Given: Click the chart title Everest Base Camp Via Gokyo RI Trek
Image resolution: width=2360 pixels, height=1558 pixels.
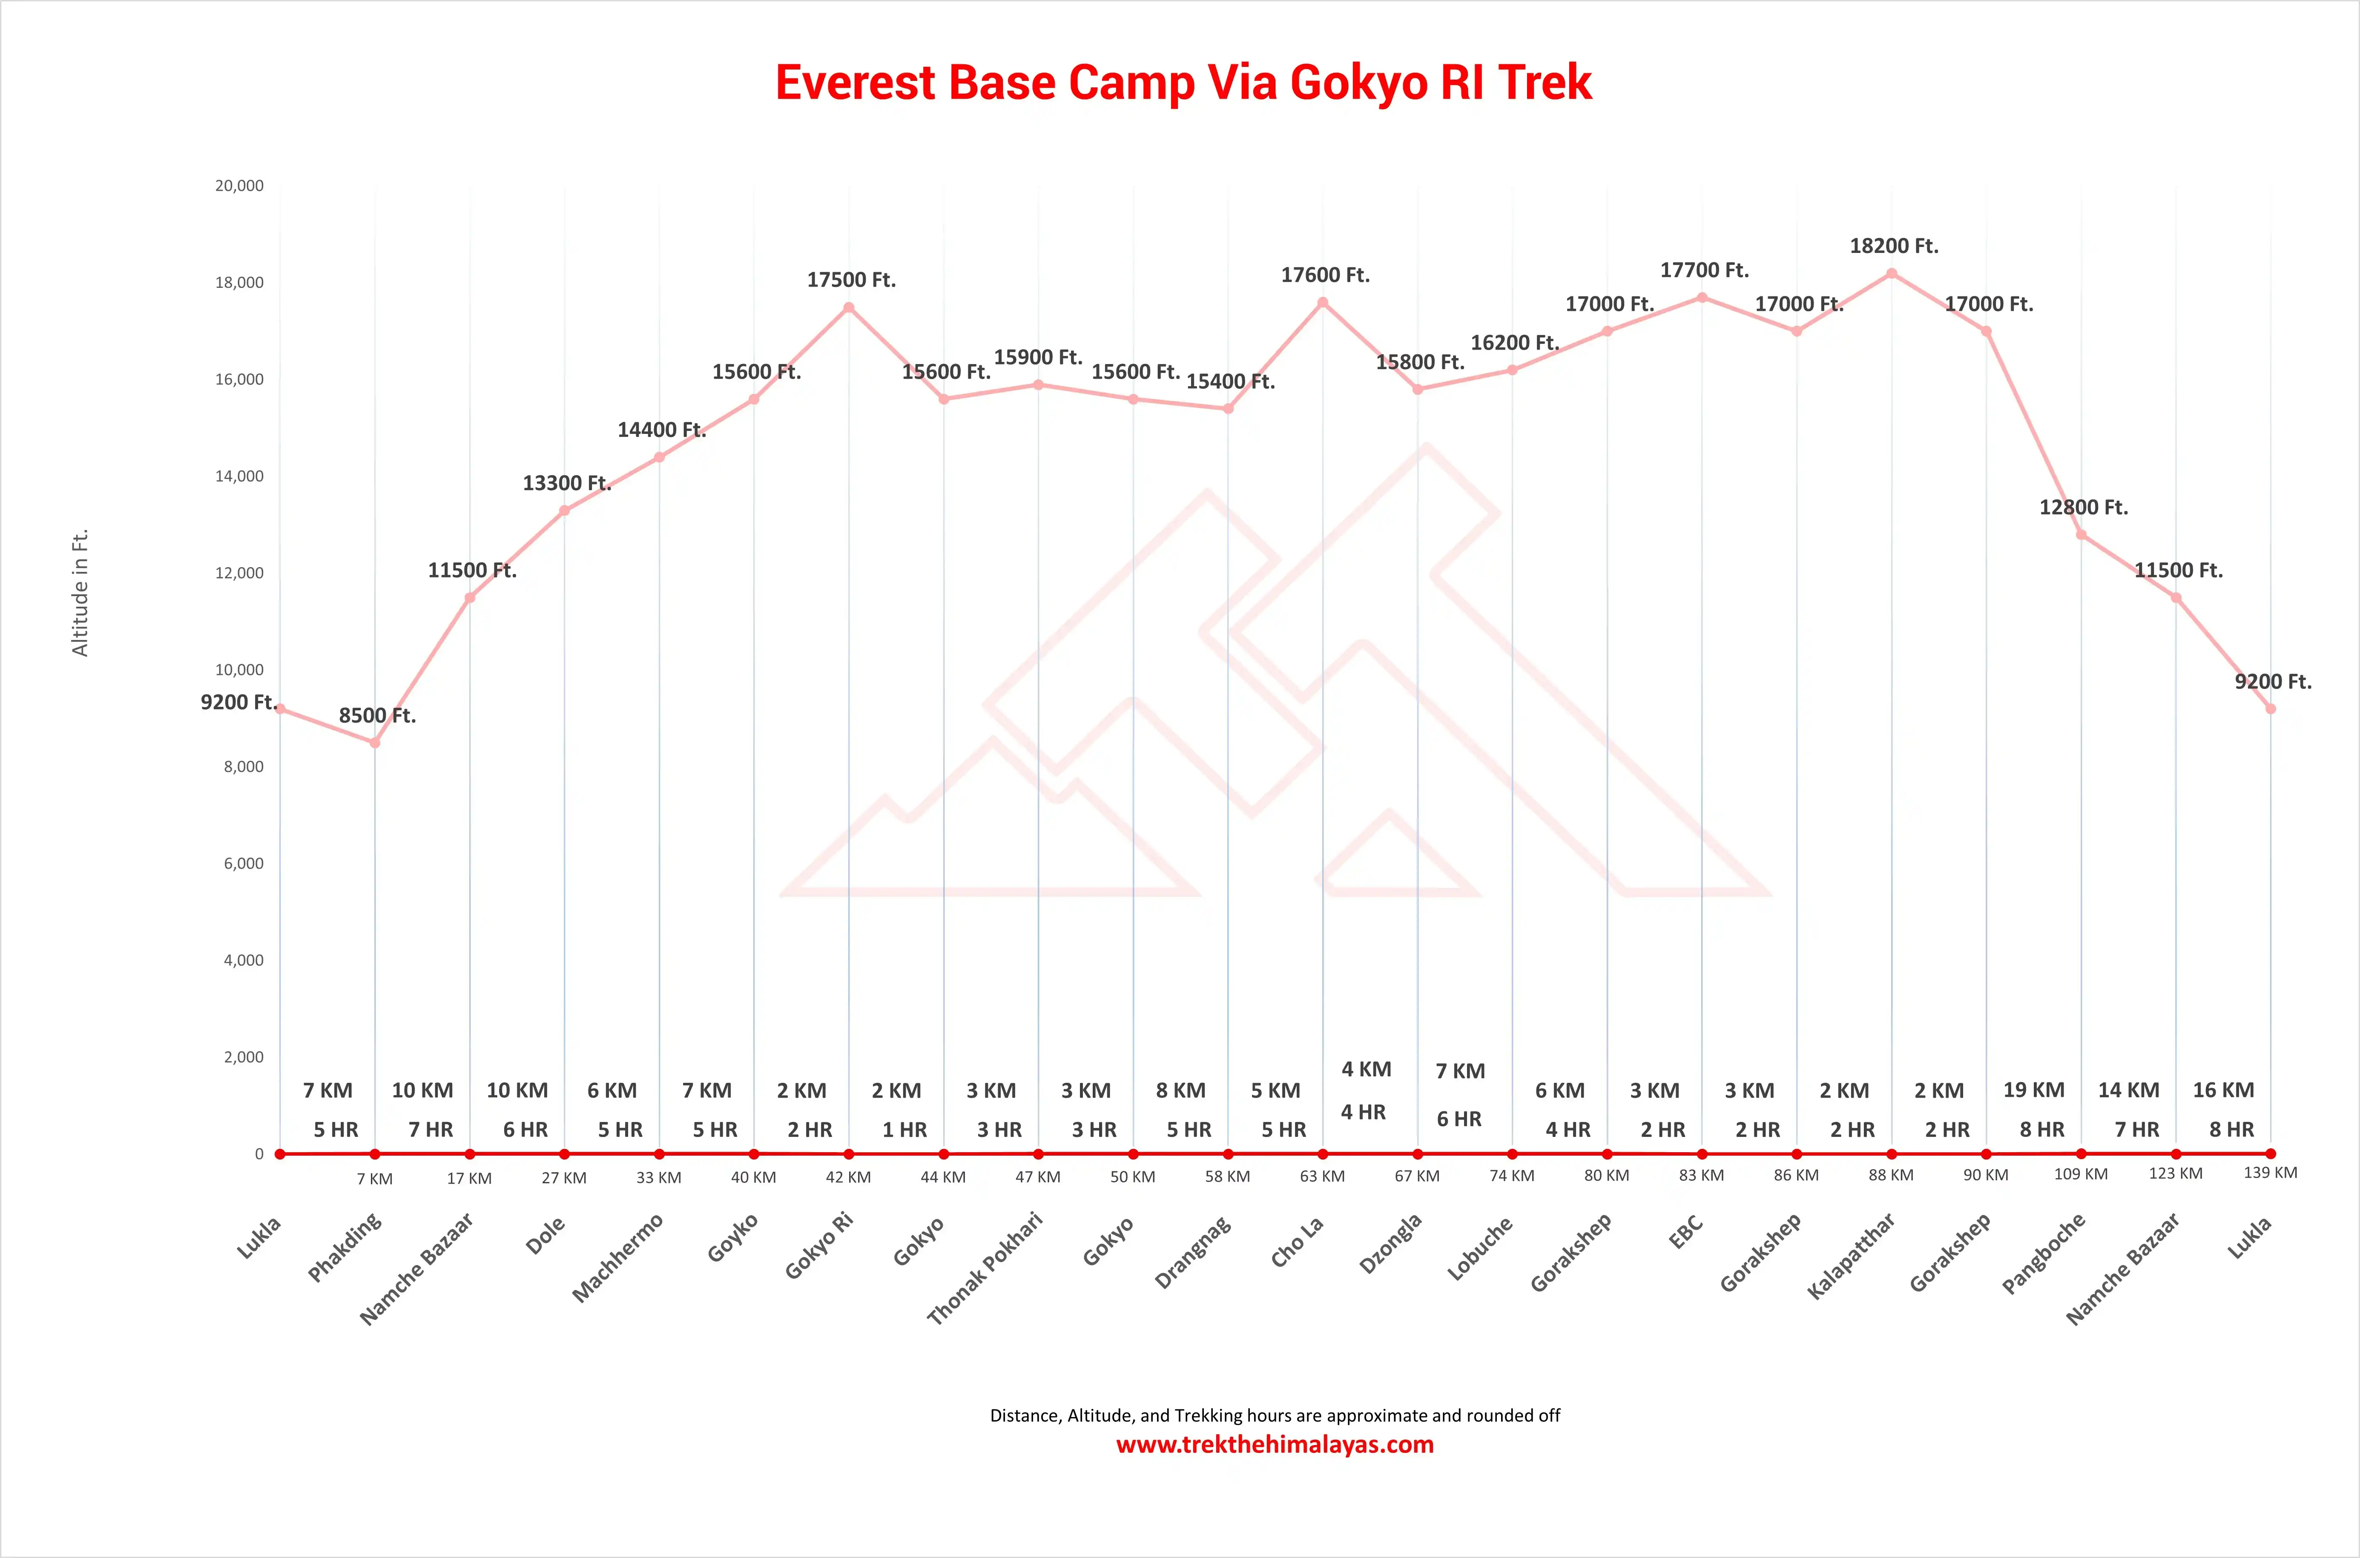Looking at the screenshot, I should [x=1183, y=83].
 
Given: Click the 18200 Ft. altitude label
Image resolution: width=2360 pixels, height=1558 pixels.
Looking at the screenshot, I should [x=1893, y=245].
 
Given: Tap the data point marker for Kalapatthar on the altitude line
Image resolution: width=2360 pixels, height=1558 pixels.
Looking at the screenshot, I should [x=1891, y=273].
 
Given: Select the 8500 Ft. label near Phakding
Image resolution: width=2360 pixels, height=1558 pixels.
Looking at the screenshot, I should [x=376, y=715].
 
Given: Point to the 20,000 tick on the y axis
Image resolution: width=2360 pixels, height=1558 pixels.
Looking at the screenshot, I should [x=239, y=186].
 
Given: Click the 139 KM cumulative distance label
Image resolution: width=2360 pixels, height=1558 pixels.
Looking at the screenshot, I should [x=2270, y=1173].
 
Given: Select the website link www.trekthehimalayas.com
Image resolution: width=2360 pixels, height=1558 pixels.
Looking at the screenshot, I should [x=1274, y=1445].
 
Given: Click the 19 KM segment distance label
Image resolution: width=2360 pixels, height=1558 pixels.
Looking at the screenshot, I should [x=2033, y=1090].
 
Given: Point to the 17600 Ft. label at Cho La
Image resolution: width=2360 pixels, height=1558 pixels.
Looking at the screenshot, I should [x=1325, y=275].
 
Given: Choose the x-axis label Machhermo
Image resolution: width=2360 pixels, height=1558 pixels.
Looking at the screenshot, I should [x=617, y=1258].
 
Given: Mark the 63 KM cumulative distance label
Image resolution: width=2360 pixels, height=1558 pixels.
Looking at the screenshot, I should [x=1322, y=1176].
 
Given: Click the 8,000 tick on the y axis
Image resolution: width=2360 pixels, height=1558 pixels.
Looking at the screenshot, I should [x=244, y=767].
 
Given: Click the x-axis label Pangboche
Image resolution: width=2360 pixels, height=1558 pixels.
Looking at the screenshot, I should [x=2043, y=1254].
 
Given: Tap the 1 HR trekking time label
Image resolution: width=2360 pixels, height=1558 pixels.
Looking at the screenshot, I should [x=904, y=1130].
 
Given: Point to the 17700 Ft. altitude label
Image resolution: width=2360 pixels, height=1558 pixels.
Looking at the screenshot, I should [x=1703, y=270].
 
